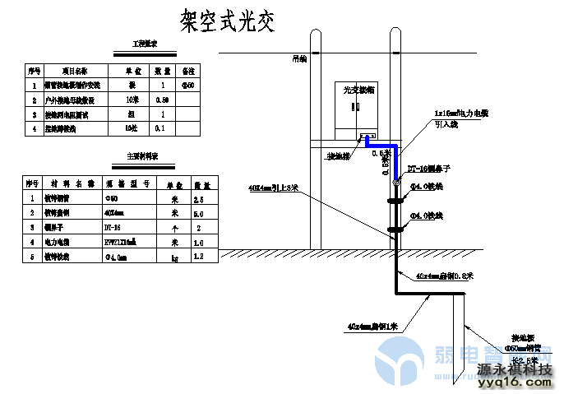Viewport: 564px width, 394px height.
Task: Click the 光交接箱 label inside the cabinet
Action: [x=358, y=90]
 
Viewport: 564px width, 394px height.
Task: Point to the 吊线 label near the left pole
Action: [x=298, y=58]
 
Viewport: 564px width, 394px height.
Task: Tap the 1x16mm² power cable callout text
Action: [x=467, y=113]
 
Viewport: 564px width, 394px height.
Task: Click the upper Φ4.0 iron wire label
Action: [x=426, y=188]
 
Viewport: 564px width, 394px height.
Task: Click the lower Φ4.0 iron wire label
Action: [x=427, y=216]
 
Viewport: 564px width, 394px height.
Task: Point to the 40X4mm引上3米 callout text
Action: [x=273, y=188]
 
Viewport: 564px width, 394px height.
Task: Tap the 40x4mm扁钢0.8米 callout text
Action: [x=444, y=275]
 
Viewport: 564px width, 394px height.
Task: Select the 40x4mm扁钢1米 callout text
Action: [x=372, y=327]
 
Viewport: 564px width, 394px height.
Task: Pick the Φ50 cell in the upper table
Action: [x=188, y=85]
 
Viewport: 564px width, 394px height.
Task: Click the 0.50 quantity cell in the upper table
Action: [x=162, y=100]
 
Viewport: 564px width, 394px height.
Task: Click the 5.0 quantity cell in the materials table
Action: [x=198, y=213]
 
